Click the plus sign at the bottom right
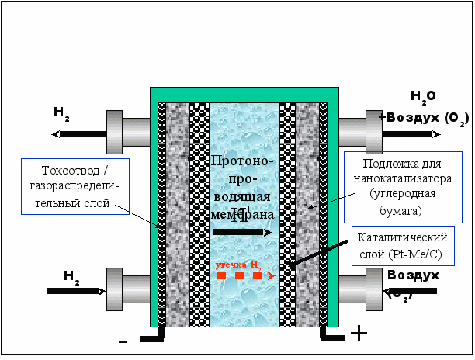pyautogui.click(x=359, y=334)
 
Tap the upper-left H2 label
pyautogui.click(x=62, y=112)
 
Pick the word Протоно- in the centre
pyautogui.click(x=242, y=161)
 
